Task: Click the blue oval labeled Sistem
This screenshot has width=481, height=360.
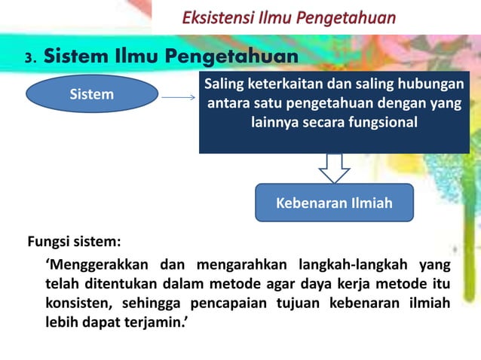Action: pyautogui.click(x=92, y=95)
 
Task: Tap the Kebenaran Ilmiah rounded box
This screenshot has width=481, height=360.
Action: pyautogui.click(x=334, y=203)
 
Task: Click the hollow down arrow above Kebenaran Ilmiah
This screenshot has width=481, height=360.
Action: pyautogui.click(x=334, y=168)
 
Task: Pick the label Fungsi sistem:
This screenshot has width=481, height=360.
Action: pyautogui.click(x=75, y=243)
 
